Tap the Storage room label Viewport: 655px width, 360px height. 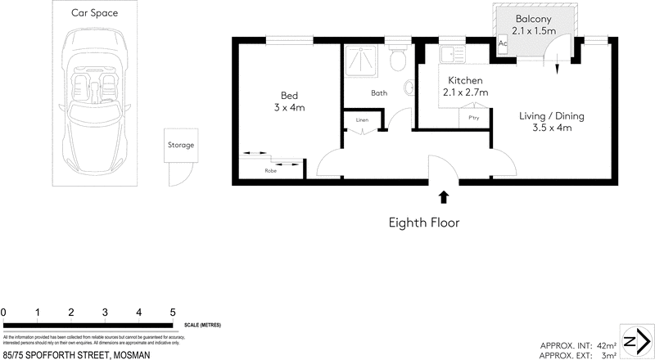(181, 145)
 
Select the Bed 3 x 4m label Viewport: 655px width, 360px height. (289, 101)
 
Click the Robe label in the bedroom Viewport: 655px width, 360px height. (270, 171)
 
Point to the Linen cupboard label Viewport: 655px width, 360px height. (362, 120)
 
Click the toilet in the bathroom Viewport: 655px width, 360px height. (399, 59)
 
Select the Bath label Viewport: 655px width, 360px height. (379, 93)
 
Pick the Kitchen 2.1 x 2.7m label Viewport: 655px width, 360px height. (465, 86)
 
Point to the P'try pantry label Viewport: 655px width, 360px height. (473, 118)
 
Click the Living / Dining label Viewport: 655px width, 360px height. (551, 121)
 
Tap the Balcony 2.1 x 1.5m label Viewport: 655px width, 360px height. (534, 25)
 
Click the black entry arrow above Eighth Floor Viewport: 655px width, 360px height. (443, 196)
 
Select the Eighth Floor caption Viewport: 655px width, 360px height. (423, 221)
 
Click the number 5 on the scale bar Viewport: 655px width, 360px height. (173, 313)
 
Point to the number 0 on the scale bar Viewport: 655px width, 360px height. (4, 313)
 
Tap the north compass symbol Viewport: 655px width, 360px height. (635, 341)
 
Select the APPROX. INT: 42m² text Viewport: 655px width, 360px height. (577, 344)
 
